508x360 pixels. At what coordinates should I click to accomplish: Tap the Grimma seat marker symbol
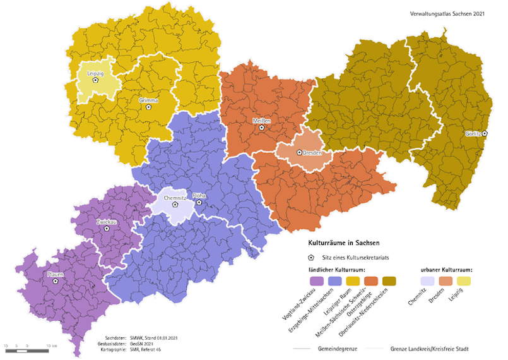point(148,107)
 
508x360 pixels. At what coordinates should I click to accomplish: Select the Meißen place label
point(261,120)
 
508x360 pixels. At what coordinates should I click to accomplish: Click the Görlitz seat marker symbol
point(485,133)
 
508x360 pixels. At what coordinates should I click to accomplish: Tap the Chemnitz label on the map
point(174,198)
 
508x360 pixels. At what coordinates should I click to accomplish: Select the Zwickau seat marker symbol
point(106,229)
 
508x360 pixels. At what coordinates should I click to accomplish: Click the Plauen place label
point(55,274)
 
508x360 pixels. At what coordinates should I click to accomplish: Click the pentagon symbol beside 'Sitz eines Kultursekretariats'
point(311,258)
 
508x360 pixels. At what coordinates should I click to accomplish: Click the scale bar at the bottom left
point(28,347)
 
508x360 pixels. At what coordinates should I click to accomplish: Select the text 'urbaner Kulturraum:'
point(446,269)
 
